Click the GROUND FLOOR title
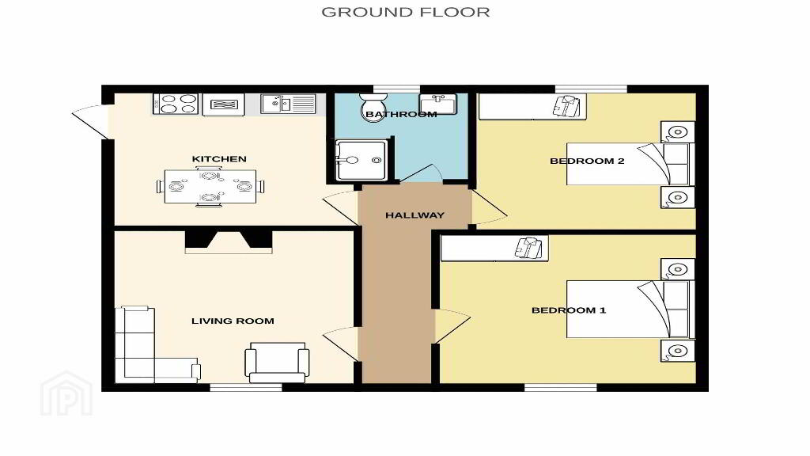406,12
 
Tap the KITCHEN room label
219,158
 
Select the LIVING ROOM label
233,321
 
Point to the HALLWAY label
414,215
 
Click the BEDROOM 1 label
569,310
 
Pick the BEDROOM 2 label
587,161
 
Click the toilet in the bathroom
373,107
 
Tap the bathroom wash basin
437,104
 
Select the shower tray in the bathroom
361,160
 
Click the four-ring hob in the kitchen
176,104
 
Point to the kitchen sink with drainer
288,104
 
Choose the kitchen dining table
210,186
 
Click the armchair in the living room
277,362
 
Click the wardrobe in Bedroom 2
532,107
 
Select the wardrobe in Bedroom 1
494,249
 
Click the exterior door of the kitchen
91,122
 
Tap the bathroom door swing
421,173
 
